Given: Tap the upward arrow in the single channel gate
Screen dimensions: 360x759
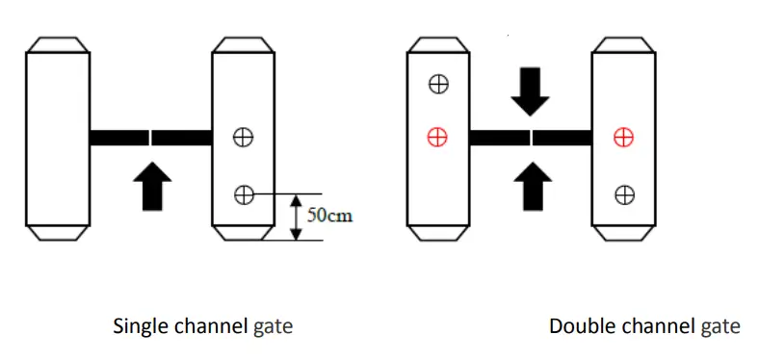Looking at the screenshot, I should pos(151,187).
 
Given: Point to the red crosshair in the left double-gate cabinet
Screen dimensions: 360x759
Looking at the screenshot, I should pos(438,138).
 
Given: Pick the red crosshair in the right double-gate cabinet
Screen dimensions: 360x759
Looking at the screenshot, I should pos(624,138).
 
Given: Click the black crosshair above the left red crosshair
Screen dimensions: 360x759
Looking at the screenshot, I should pos(438,85).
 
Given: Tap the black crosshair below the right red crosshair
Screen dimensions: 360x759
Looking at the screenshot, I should pos(624,195).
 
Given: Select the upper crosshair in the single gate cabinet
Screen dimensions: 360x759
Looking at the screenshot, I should pos(244,138).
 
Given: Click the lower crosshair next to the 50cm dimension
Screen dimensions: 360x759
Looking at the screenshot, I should pos(244,195).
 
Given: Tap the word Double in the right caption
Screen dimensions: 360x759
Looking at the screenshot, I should pos(575,326).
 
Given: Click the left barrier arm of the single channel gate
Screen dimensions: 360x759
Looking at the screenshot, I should pos(119,138).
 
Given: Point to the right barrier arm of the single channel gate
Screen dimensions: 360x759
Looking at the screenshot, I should pos(181,138).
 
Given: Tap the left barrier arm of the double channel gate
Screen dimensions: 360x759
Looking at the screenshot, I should pos(499,138).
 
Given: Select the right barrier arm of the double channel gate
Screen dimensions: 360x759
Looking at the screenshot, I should pos(562,138).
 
